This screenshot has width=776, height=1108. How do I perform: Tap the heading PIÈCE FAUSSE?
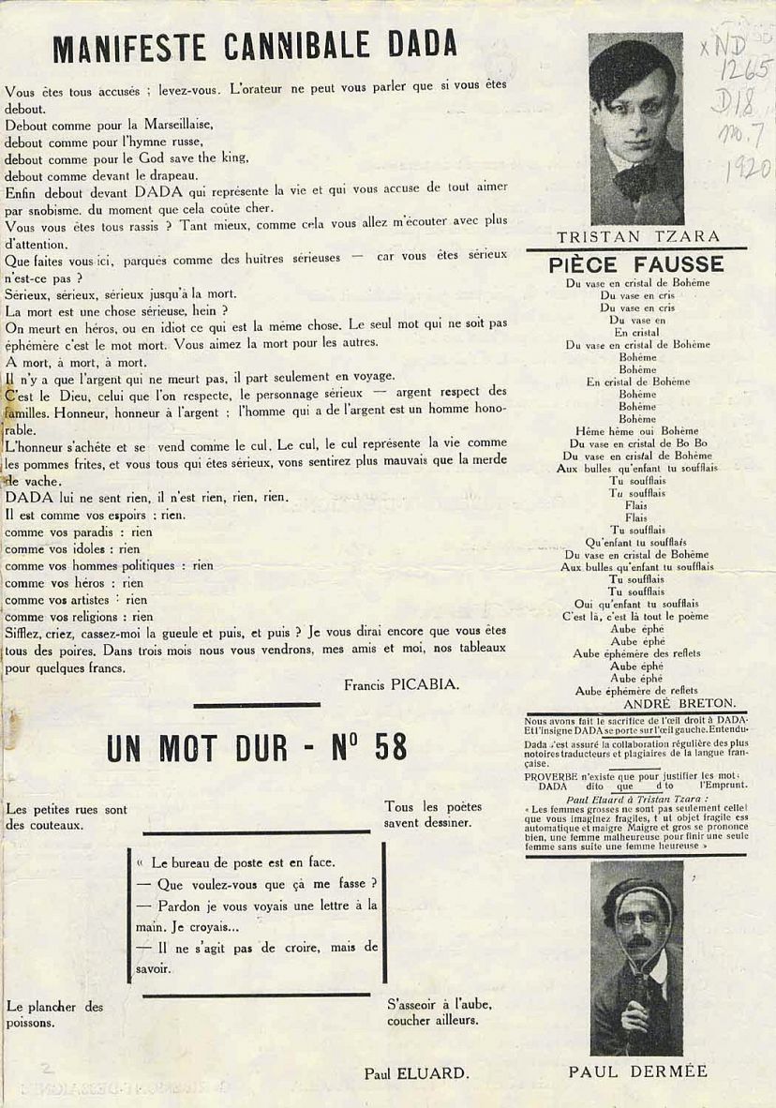[x=635, y=264]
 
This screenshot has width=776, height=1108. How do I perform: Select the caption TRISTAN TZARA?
[x=636, y=236]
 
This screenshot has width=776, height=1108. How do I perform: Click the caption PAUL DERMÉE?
[x=636, y=1071]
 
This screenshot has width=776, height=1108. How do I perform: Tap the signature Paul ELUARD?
[x=416, y=1074]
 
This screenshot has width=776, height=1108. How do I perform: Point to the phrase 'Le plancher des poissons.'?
[x=54, y=1014]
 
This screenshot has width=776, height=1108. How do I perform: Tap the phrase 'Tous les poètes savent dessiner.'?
[x=433, y=815]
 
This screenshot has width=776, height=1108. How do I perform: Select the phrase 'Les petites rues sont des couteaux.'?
[x=66, y=817]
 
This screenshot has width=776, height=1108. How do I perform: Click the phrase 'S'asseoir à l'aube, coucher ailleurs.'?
[x=440, y=1012]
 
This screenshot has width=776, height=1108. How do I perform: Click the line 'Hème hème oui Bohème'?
[x=636, y=430]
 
